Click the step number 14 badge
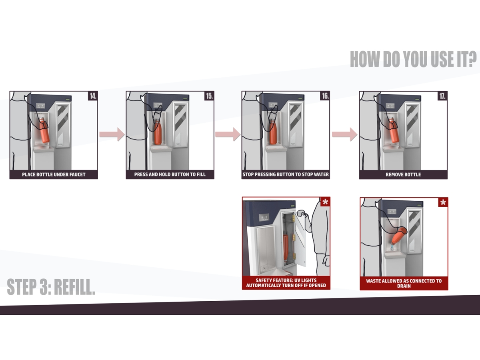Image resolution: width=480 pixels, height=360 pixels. [x=93, y=96]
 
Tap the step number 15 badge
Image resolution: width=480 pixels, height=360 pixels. [x=209, y=96]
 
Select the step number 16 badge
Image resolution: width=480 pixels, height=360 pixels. [x=325, y=96]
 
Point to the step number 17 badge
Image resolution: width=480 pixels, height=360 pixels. [x=442, y=96]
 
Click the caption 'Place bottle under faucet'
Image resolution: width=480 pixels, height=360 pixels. [x=54, y=174]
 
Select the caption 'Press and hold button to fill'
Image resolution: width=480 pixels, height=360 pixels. [x=170, y=174]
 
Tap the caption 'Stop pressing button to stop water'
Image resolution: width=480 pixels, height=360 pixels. [x=286, y=174]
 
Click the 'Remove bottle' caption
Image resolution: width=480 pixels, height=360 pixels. [x=403, y=174]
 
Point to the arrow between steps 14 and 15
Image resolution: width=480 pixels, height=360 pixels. [x=112, y=134]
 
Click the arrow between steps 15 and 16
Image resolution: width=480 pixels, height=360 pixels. [x=228, y=134]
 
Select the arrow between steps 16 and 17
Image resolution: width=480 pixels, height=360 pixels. [x=345, y=134]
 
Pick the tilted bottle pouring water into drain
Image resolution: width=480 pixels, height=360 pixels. [x=398, y=236]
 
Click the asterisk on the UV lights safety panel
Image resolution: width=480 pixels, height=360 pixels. [x=325, y=202]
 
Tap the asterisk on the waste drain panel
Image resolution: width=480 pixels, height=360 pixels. [x=443, y=202]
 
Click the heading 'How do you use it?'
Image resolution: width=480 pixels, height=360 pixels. [x=413, y=59]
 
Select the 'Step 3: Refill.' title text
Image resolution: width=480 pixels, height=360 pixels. [x=51, y=287]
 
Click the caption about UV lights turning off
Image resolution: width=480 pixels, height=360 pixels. [x=286, y=283]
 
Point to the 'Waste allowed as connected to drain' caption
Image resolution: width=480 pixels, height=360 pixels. [x=404, y=284]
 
